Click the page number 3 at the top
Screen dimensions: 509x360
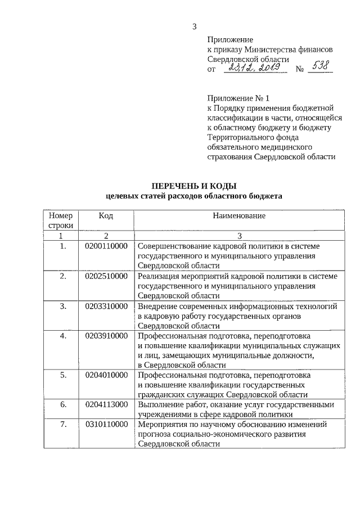pos(194,25)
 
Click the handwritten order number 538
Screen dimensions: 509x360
pos(322,67)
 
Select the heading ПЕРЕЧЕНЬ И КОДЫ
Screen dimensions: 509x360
pos(194,186)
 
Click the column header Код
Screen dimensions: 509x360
pos(106,215)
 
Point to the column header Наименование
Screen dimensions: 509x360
pos(239,215)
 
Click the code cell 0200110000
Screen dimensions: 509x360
pos(106,246)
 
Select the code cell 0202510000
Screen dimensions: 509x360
pos(106,276)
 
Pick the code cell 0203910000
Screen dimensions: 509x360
pos(106,336)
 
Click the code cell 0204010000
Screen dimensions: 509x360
pos(106,375)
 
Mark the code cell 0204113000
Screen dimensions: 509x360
pos(106,404)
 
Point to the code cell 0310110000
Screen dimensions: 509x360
pos(106,424)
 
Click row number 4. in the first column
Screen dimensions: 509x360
pos(63,336)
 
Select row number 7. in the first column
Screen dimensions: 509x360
pos(63,424)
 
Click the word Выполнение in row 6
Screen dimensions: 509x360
pos(160,404)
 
